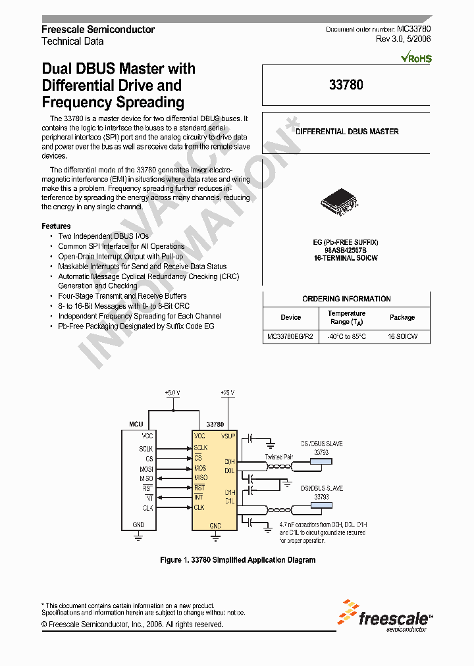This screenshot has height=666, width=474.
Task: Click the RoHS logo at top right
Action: click(x=416, y=58)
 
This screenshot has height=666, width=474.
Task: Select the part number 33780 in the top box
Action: click(x=346, y=85)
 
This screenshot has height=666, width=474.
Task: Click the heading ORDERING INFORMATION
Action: click(x=346, y=299)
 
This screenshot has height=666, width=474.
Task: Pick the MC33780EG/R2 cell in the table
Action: click(x=290, y=336)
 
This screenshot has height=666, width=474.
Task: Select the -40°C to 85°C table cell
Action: click(x=346, y=336)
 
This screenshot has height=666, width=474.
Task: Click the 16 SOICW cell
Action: click(x=402, y=336)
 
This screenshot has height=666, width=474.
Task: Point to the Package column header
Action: click(x=402, y=317)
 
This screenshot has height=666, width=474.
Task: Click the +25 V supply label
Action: click(x=228, y=393)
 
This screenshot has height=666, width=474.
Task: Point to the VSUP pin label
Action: click(x=228, y=436)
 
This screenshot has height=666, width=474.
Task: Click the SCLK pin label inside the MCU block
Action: click(x=146, y=448)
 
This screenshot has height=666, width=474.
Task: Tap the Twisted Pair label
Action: click(x=279, y=455)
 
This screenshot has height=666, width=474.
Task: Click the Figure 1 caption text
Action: click(x=238, y=560)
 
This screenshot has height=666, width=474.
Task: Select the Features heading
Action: click(x=56, y=226)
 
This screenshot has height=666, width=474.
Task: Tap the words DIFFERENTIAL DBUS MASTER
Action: click(x=346, y=132)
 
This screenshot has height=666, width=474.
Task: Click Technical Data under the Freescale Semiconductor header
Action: click(x=72, y=41)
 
